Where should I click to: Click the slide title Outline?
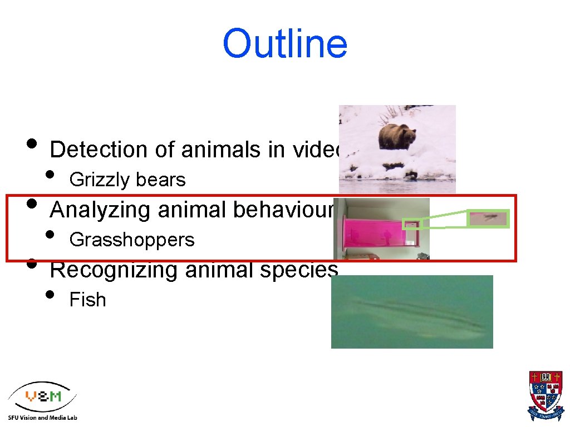pos(284,44)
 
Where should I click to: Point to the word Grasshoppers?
pos(131,240)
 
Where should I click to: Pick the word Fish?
pos(87,300)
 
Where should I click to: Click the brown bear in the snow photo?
pos(397,136)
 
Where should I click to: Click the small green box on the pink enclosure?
pos(411,225)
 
